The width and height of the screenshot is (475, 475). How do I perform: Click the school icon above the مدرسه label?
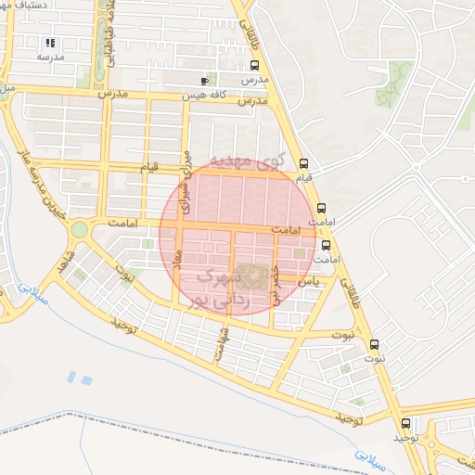50,43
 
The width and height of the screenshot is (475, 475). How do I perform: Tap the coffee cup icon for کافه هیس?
204,81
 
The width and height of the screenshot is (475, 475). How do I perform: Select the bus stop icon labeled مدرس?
254,65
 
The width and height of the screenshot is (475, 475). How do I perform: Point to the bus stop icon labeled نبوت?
375,343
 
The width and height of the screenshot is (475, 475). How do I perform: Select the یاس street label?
311,280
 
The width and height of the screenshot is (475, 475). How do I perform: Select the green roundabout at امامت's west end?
79,228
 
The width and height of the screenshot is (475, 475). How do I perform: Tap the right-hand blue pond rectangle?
87,380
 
